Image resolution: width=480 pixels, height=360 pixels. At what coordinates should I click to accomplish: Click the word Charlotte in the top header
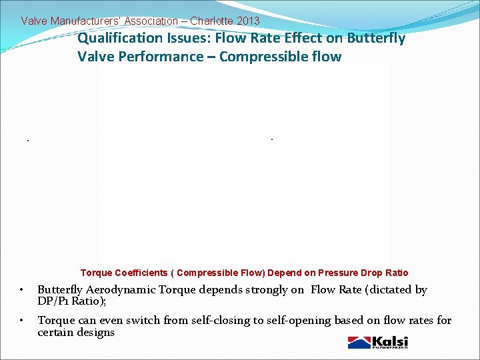(x=211, y=21)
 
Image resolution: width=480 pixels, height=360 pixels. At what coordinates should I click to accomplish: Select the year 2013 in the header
(x=247, y=21)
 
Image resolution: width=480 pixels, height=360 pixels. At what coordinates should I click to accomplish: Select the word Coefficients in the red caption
(x=143, y=273)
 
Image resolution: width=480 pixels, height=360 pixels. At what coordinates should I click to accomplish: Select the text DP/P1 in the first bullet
(x=53, y=301)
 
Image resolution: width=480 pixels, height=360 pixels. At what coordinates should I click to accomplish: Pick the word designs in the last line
(x=96, y=332)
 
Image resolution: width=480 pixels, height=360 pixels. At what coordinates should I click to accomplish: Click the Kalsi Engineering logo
(x=377, y=342)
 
